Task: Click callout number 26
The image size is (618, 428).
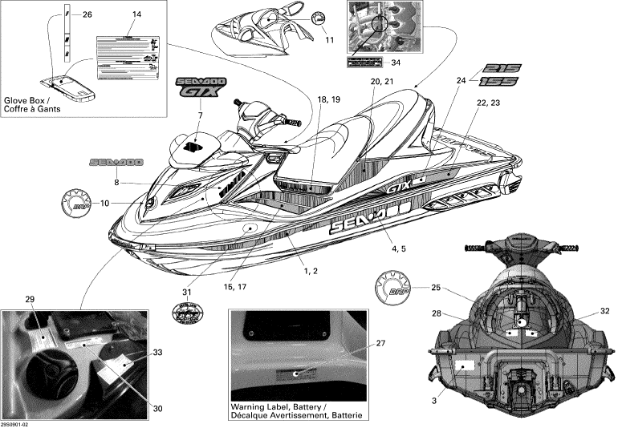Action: [87, 14]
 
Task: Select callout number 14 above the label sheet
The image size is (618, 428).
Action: [136, 14]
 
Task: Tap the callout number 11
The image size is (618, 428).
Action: [329, 39]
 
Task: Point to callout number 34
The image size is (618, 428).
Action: [395, 63]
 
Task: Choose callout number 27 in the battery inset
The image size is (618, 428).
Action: [381, 343]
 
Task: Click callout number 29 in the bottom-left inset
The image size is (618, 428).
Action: [30, 299]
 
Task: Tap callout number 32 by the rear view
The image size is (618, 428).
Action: [604, 309]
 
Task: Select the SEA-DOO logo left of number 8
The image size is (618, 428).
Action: [116, 162]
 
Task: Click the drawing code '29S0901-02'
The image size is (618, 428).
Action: [18, 425]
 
